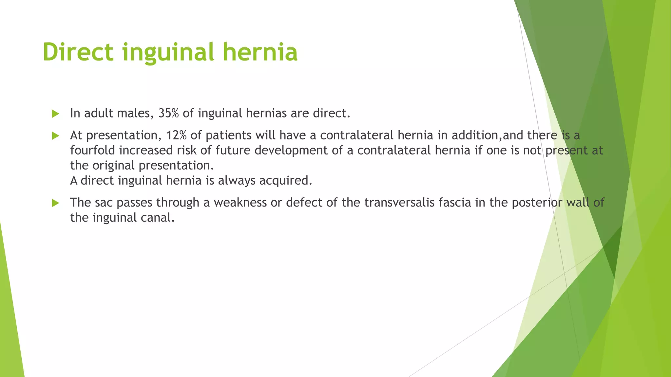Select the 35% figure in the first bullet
pyautogui.click(x=168, y=113)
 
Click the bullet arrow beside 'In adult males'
pyautogui.click(x=55, y=114)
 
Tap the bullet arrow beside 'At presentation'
pyautogui.click(x=55, y=136)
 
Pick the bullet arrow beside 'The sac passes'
pyautogui.click(x=55, y=203)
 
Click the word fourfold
pyautogui.click(x=92, y=150)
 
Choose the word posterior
pyautogui.click(x=537, y=203)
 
